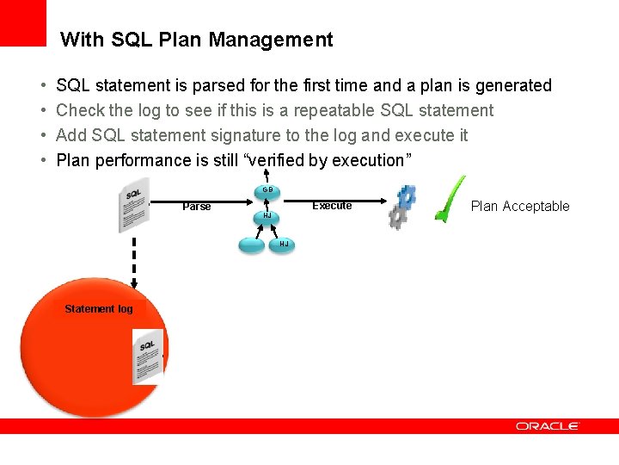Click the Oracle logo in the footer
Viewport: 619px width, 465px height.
[x=548, y=426]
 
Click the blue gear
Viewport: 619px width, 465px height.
[x=407, y=197]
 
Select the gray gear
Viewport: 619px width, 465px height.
[x=397, y=217]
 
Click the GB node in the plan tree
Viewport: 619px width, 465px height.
[x=267, y=190]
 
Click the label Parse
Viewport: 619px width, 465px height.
[x=197, y=207]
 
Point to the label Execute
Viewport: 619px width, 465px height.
[x=332, y=206]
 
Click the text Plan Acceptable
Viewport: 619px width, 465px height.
[x=520, y=206]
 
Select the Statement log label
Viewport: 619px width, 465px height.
[x=99, y=309]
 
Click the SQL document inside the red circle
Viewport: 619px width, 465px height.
[x=148, y=356]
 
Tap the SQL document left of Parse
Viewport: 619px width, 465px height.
[x=133, y=205]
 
